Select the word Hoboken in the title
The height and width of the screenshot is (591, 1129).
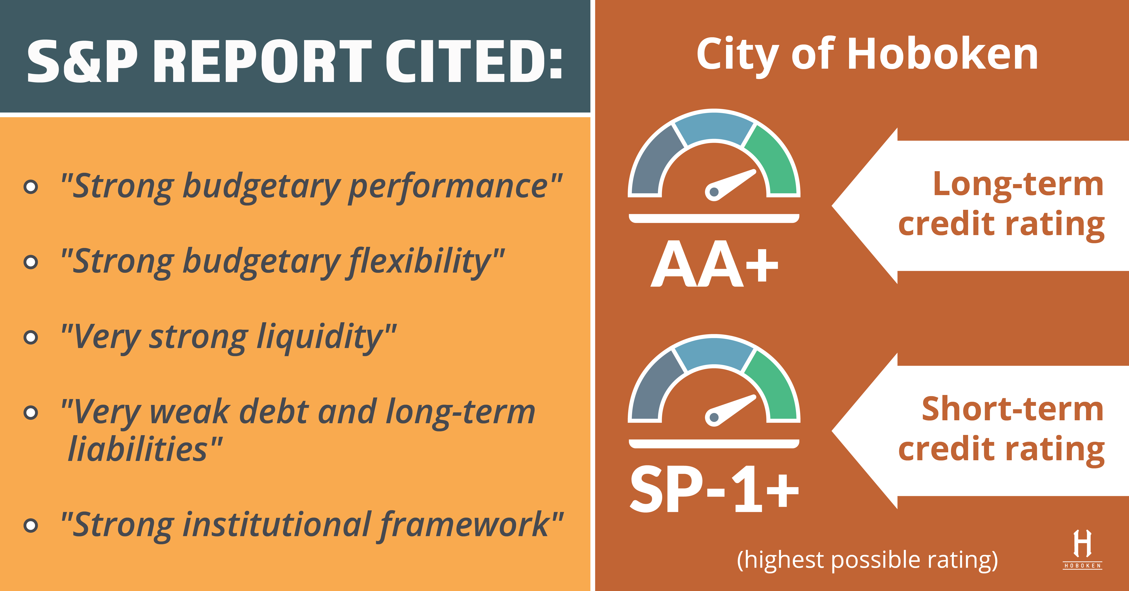click(x=942, y=55)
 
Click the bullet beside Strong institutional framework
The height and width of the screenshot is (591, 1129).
click(x=31, y=525)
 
